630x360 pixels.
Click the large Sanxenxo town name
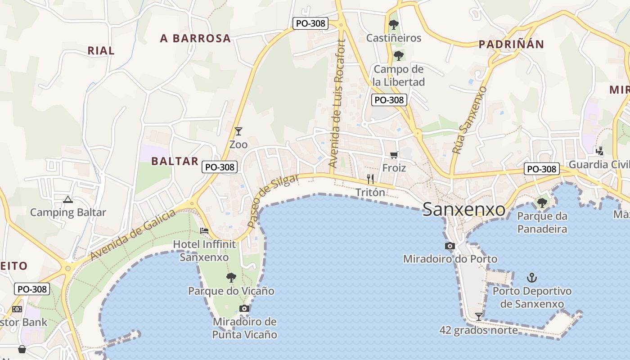(464, 209)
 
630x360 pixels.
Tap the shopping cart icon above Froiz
(394, 155)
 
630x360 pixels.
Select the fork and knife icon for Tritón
(370, 179)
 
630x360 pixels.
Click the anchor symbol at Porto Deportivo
(532, 277)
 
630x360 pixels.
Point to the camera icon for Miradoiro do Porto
(450, 246)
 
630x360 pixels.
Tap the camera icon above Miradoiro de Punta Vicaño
(244, 308)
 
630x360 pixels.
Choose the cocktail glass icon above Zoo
(238, 131)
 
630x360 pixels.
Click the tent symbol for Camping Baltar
(68, 199)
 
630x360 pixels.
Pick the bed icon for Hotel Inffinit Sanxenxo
(204, 231)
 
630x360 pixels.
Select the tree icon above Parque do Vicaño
(231, 277)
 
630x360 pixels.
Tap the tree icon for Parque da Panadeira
(542, 202)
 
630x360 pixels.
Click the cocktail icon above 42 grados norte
(479, 317)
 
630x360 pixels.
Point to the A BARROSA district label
(195, 39)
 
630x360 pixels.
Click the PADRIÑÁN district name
(511, 44)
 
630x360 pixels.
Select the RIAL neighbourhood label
(101, 50)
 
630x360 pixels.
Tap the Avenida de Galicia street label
(133, 235)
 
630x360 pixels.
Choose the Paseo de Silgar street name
(273, 201)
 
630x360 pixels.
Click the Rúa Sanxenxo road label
(470, 120)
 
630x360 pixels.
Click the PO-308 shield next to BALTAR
(220, 167)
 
